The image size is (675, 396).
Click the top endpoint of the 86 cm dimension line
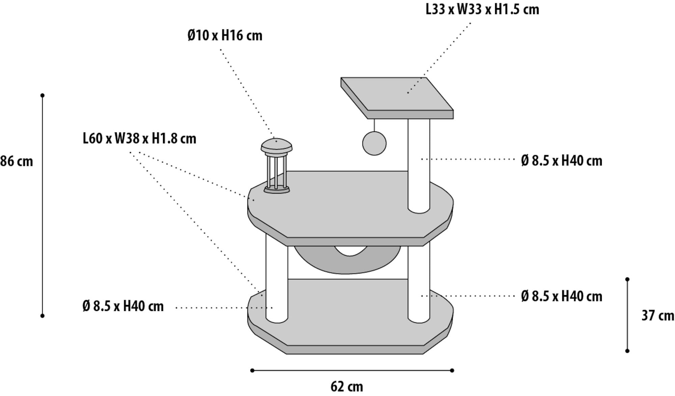coord(43,95)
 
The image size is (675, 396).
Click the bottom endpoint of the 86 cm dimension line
coord(43,316)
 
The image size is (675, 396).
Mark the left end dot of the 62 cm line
coord(252,370)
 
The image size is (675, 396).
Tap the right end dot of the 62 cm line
coord(452,370)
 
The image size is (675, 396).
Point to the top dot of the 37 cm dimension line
coord(627,279)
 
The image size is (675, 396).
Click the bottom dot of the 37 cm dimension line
coord(627,351)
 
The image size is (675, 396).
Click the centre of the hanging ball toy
coord(374,143)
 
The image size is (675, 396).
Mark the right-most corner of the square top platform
coord(453,110)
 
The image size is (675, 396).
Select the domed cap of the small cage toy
coord(276,145)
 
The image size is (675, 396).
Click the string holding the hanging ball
coord(374,125)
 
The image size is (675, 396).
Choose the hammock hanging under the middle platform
coord(347,260)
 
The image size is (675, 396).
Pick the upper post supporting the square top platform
coord(419,166)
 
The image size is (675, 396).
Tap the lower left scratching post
coord(277,278)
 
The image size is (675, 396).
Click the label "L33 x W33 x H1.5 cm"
coord(482,9)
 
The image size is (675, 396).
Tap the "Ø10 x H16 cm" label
coord(225,35)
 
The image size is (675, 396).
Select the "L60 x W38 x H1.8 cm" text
coord(139,139)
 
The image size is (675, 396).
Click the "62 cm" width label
coord(347,387)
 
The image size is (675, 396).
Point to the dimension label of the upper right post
coord(562,161)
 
